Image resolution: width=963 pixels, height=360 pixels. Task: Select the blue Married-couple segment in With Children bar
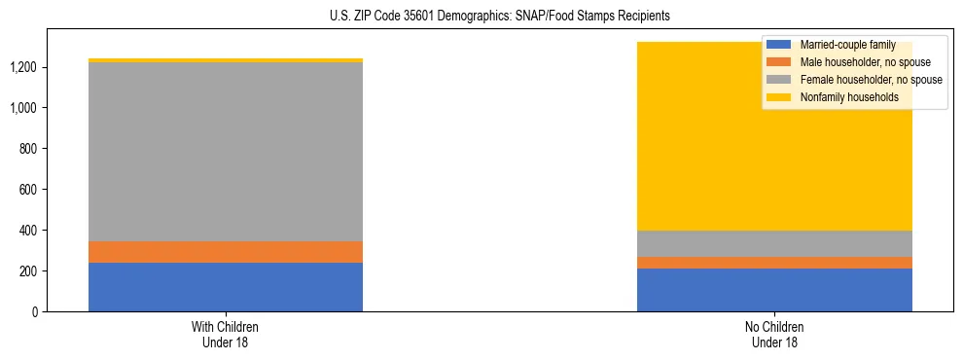click(x=226, y=287)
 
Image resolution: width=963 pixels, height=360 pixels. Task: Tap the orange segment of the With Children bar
click(x=226, y=252)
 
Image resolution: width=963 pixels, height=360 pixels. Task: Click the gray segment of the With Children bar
click(x=226, y=152)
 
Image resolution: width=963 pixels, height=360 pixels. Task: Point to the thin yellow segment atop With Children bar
click(x=226, y=60)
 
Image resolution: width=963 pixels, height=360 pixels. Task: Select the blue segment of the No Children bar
click(x=774, y=290)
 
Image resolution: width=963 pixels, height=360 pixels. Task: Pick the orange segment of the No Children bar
click(x=774, y=263)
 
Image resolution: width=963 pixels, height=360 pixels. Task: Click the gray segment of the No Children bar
click(x=774, y=244)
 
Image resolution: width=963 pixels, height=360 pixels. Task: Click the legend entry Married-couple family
click(x=846, y=45)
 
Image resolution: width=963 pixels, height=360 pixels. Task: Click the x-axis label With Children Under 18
click(x=226, y=334)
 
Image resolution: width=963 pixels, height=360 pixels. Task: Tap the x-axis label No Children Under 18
click(x=774, y=334)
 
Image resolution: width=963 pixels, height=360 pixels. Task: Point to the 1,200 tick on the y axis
click(x=25, y=67)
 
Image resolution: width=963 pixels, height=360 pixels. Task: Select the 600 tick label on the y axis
click(x=29, y=190)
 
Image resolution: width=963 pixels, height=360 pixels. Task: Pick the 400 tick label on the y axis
click(x=29, y=231)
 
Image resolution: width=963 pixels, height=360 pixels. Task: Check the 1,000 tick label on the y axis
click(x=25, y=108)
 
